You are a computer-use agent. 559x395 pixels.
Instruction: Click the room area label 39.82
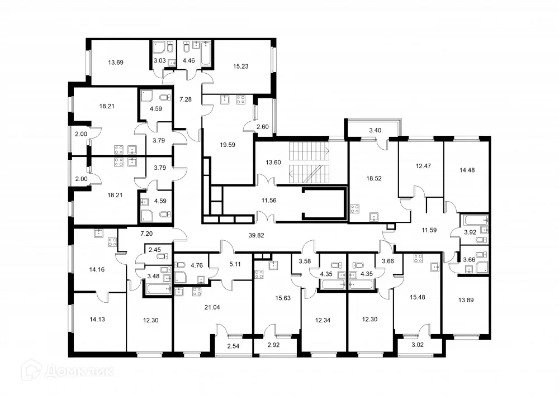point(255,235)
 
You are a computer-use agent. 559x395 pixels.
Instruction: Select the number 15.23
point(240,66)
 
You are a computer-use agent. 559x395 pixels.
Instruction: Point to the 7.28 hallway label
point(185,99)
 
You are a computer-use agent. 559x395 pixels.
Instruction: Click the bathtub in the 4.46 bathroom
point(206,54)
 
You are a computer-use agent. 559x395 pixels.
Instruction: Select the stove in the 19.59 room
point(241,100)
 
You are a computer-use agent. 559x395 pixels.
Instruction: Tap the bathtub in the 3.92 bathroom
point(475,221)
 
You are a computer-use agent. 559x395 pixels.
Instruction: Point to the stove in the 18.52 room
point(354,211)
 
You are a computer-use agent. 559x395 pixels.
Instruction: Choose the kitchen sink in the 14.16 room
point(99,233)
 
